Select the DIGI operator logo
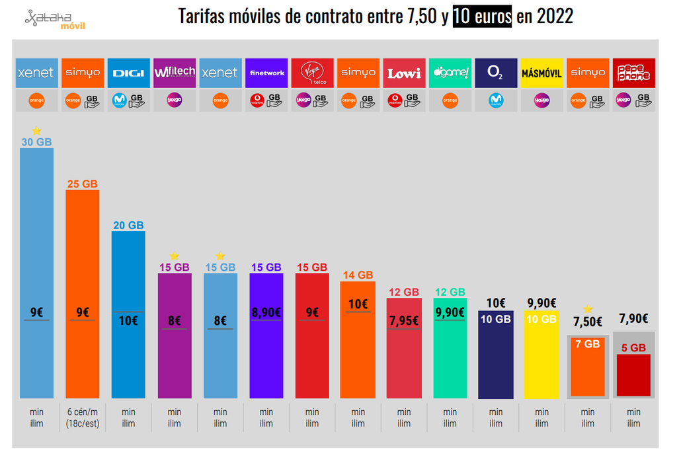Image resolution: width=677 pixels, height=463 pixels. (128, 73)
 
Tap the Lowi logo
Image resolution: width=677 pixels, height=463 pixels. (404, 73)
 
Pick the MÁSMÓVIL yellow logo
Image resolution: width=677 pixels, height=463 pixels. (541, 73)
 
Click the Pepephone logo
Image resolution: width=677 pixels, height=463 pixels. (633, 73)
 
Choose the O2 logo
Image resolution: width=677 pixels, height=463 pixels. (496, 73)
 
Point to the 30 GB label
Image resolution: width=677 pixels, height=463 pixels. (36, 142)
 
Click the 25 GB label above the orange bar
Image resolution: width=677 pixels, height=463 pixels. (82, 184)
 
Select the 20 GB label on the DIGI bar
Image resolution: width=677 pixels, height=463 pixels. (128, 225)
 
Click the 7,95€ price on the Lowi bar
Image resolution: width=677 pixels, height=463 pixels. (403, 320)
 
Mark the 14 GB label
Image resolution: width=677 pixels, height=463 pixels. (358, 275)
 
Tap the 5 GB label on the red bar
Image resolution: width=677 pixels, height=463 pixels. (633, 347)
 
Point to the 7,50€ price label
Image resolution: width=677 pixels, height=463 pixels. (587, 322)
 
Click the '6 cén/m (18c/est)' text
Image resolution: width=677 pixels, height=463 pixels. (82, 417)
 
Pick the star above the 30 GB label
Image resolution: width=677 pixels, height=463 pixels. (36, 131)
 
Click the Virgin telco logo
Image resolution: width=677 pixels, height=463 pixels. (312, 73)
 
